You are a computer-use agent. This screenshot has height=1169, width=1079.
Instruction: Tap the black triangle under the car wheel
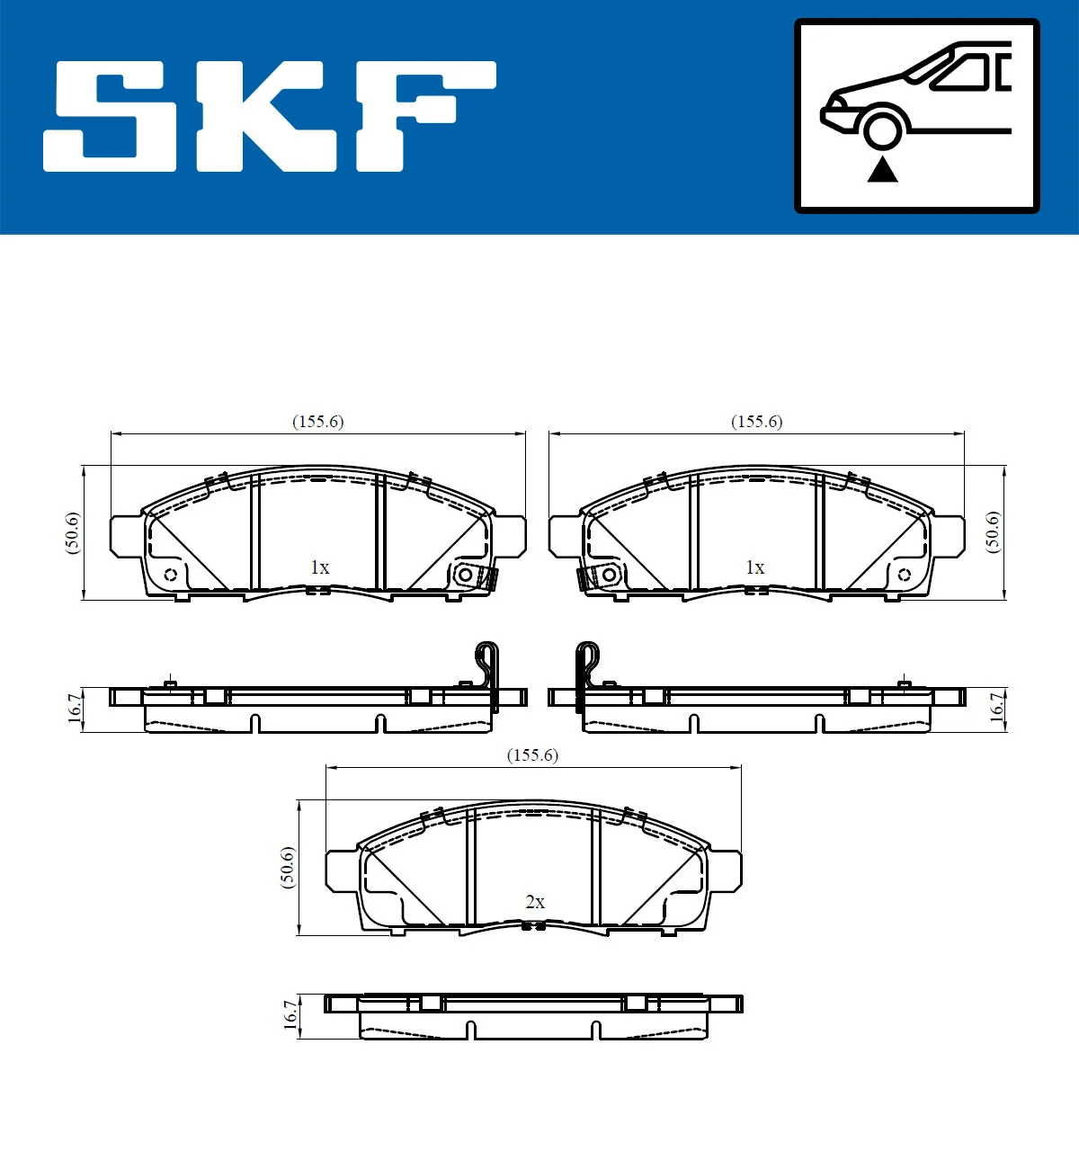point(882,169)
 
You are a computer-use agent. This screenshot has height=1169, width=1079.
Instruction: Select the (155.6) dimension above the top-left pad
point(317,422)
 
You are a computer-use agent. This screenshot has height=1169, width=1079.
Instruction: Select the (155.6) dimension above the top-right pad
point(756,422)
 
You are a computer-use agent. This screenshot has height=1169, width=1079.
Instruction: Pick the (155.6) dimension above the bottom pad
point(532,755)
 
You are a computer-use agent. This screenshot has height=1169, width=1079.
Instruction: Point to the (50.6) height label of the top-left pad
point(73,532)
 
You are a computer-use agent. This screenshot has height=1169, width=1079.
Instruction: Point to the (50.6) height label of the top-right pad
point(993,531)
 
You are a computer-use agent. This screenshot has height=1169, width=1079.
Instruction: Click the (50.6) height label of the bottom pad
point(287,867)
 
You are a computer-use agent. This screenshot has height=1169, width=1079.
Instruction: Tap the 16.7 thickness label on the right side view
point(996,706)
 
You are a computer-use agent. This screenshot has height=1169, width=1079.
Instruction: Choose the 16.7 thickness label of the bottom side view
point(290,1014)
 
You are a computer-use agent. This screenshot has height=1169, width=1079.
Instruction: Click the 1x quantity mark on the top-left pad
point(319,567)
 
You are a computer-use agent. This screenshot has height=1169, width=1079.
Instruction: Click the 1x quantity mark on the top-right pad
point(754,567)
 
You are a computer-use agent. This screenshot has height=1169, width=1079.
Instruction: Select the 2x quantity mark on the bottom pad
point(534,902)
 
